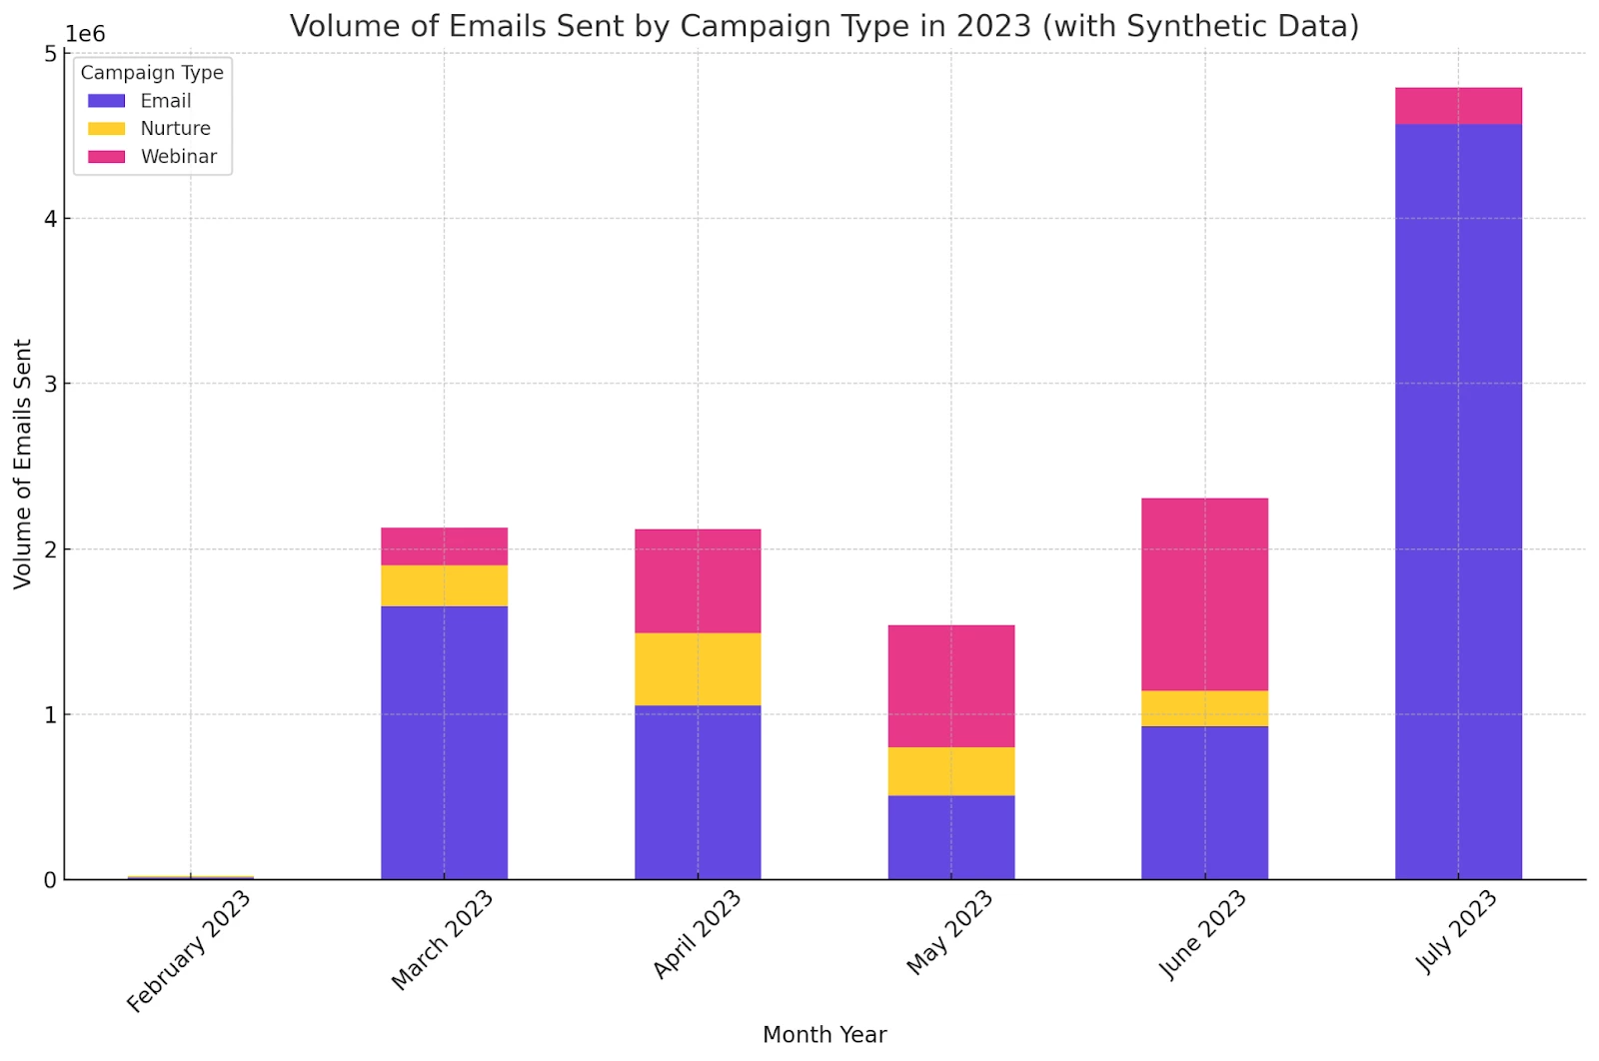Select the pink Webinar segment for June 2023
1204,594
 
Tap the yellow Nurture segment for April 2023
698,668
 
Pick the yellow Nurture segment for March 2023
444,585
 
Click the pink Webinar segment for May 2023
951,685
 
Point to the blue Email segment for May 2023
951,837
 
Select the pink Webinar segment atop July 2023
1458,106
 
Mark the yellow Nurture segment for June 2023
1204,708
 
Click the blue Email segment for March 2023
444,742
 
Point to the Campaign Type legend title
152,73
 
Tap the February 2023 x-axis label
190,951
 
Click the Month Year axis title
824,1035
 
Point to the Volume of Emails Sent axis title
23,465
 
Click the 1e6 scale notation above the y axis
85,34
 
